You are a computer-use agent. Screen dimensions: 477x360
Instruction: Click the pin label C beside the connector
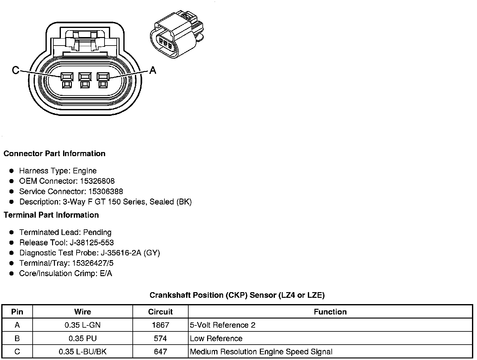pyautogui.click(x=15, y=70)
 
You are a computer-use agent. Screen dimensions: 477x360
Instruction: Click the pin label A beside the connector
pyautogui.click(x=153, y=70)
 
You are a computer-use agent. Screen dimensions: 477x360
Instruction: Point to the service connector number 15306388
pyautogui.click(x=105, y=192)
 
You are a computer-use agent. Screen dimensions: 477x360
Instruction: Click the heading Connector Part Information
pyautogui.click(x=54, y=154)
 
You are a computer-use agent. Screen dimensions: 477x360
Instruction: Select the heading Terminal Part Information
pyautogui.click(x=51, y=215)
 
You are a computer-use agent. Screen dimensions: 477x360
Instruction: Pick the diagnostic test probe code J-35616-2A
pyautogui.click(x=121, y=253)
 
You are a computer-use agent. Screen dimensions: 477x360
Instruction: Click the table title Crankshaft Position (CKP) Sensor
pyautogui.click(x=237, y=295)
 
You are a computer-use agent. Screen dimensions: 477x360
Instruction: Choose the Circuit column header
pyautogui.click(x=160, y=312)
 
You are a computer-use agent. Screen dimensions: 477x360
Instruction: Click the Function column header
pyautogui.click(x=330, y=312)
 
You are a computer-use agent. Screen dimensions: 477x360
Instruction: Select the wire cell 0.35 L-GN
pyautogui.click(x=83, y=325)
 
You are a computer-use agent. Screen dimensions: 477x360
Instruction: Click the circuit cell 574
pyautogui.click(x=160, y=339)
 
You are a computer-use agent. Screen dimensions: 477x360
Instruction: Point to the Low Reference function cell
pyautogui.click(x=216, y=339)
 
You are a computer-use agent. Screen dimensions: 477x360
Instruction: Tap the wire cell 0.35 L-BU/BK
pyautogui.click(x=83, y=352)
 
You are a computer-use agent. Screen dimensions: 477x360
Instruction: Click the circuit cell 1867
pyautogui.click(x=160, y=325)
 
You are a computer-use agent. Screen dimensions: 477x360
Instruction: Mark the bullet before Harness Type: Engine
pyautogui.click(x=12, y=171)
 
